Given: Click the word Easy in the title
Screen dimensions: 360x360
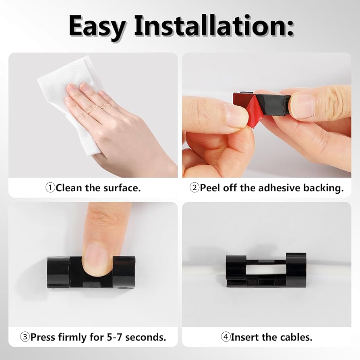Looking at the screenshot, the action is tap(97, 27).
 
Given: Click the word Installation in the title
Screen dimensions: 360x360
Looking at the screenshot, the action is tap(210, 25).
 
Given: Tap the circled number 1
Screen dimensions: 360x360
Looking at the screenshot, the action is tap(50, 188).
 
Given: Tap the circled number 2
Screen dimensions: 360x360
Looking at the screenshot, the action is tap(194, 188).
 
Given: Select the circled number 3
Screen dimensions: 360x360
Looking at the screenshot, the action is tap(25, 337).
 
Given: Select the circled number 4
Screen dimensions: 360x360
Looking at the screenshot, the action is tap(226, 337).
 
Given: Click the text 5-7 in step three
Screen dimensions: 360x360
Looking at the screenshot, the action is tap(115, 337).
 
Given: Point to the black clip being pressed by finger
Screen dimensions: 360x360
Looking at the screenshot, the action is tap(92, 272).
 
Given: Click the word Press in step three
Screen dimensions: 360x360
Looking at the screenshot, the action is tap(43, 337).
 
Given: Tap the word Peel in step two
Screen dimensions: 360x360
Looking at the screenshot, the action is tap(210, 188).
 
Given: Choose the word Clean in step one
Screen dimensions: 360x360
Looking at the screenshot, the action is tap(69, 188).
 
